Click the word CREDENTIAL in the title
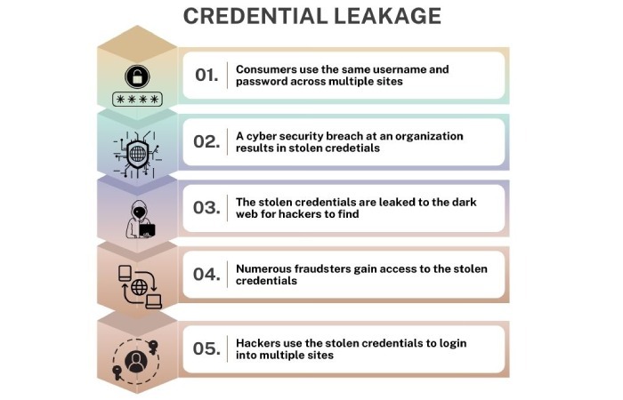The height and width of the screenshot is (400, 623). click(x=255, y=17)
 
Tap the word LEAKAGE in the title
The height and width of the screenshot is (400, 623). click(x=388, y=17)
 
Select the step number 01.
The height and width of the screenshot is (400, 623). click(x=206, y=75)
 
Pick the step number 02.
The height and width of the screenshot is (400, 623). click(x=206, y=141)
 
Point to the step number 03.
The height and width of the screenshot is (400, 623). click(x=206, y=207)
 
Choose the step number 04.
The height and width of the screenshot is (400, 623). click(x=206, y=274)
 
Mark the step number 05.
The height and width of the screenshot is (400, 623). click(x=206, y=348)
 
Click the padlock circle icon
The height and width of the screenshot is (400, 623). click(x=137, y=76)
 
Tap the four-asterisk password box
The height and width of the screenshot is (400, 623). click(x=137, y=100)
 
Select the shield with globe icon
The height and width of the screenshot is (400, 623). click(x=137, y=154)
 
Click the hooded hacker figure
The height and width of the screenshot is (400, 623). click(x=141, y=220)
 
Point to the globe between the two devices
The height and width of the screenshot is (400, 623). click(x=140, y=287)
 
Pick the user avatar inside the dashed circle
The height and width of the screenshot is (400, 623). click(x=136, y=362)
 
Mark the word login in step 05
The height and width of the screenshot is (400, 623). click(x=452, y=344)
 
